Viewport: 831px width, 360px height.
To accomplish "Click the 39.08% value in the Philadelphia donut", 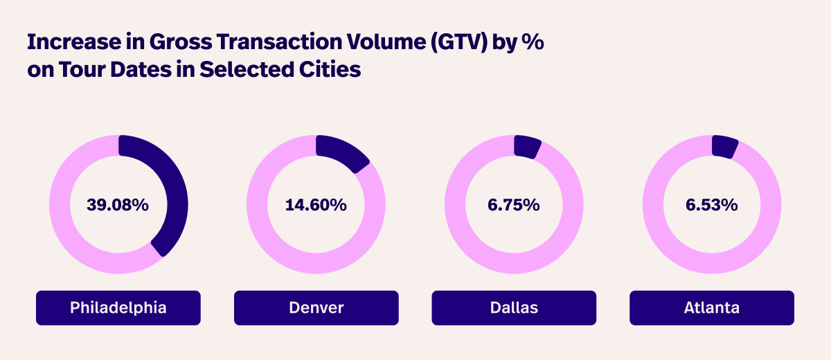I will click(118, 205).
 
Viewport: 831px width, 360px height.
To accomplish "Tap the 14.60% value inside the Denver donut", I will click(316, 205).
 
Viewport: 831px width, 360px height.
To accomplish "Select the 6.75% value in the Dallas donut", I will click(513, 205).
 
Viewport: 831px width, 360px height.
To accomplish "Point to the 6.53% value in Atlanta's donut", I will click(711, 205).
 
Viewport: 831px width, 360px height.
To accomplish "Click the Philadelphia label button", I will click(118, 307).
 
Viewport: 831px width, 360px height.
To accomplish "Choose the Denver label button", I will click(316, 307).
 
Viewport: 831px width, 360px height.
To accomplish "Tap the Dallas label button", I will click(514, 307).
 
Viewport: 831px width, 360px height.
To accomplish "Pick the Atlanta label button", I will click(711, 307).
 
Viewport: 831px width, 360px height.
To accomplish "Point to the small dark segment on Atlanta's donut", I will click(724, 146).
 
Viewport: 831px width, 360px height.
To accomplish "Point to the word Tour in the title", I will click(78, 70).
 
